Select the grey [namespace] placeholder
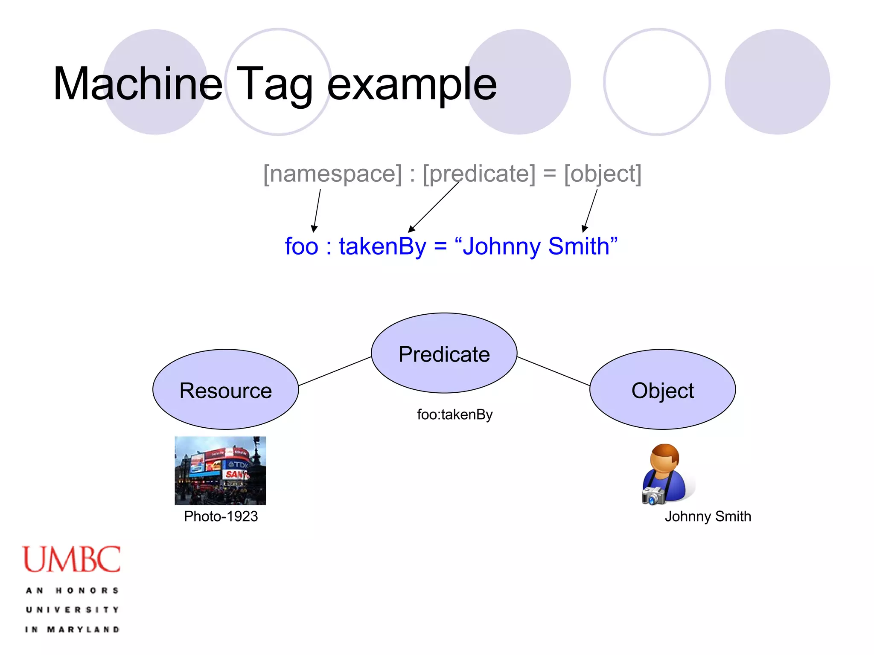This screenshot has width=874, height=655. [332, 174]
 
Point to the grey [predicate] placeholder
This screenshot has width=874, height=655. [479, 174]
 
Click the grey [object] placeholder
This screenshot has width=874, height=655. [603, 174]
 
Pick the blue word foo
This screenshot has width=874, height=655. [301, 246]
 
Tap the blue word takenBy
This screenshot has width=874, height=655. [382, 246]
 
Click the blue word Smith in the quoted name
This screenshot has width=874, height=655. [579, 246]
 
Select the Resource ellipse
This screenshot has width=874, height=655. [225, 389]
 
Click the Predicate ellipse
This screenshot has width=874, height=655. [444, 353]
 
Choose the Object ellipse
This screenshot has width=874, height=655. [662, 389]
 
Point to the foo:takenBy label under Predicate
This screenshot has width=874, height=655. [454, 414]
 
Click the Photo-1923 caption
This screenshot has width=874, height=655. [221, 516]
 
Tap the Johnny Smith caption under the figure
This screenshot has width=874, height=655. [708, 516]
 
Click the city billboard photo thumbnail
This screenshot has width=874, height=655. [220, 470]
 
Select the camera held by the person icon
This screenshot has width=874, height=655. [653, 496]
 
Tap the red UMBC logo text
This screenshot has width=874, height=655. [72, 559]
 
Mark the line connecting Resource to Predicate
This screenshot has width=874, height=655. [335, 371]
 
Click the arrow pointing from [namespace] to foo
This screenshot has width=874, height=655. [317, 211]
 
